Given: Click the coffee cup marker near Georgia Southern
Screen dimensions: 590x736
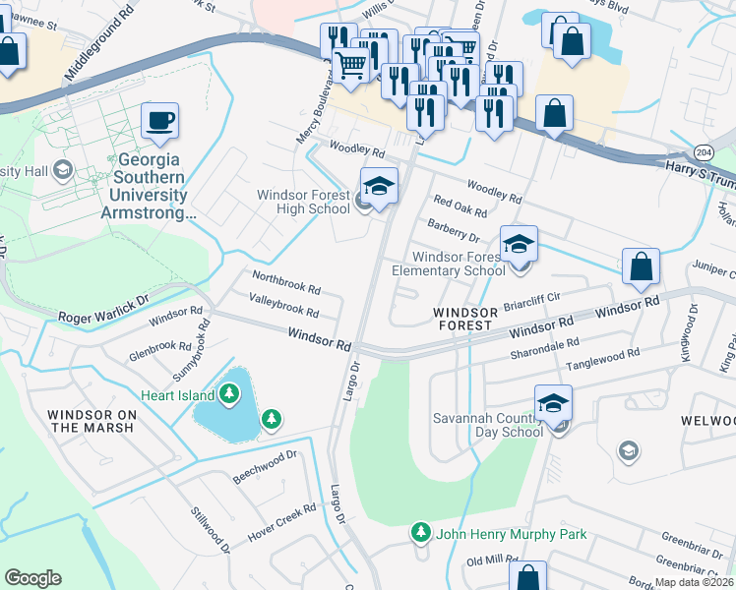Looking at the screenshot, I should click(x=159, y=122).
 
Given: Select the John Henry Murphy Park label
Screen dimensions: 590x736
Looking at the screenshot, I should click(x=511, y=534).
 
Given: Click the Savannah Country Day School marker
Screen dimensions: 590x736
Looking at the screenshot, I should click(x=553, y=404).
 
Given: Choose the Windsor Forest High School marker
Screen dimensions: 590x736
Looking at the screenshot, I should click(x=379, y=186).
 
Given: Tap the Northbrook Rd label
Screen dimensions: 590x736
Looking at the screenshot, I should click(x=286, y=283).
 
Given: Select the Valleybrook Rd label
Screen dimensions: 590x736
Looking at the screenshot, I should click(x=283, y=305).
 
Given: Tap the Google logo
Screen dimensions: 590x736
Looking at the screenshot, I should click(x=32, y=578).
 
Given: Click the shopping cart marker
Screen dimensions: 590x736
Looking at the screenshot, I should click(x=351, y=65).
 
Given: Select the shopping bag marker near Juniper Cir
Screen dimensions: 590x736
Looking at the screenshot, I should click(x=641, y=267).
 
